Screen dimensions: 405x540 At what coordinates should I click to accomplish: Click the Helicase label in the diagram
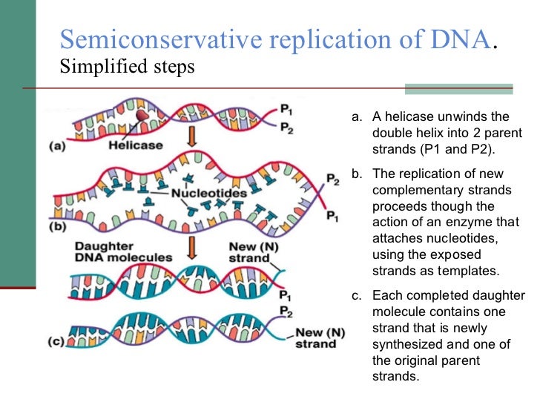pos(135,145)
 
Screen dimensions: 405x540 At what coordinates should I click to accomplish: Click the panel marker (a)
pos(57,146)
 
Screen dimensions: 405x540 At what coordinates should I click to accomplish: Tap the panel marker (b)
pos(57,227)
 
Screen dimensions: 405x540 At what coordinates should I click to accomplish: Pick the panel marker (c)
pos(57,342)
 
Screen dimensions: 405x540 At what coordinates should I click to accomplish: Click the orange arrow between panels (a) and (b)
pos(191,137)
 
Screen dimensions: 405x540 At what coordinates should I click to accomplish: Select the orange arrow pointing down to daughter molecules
pos(191,246)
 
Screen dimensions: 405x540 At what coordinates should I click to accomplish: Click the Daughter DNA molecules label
pos(122,251)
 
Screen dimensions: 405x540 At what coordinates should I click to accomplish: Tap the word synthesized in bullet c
pos(410,344)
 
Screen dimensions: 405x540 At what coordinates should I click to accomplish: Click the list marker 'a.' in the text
pos(356,117)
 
